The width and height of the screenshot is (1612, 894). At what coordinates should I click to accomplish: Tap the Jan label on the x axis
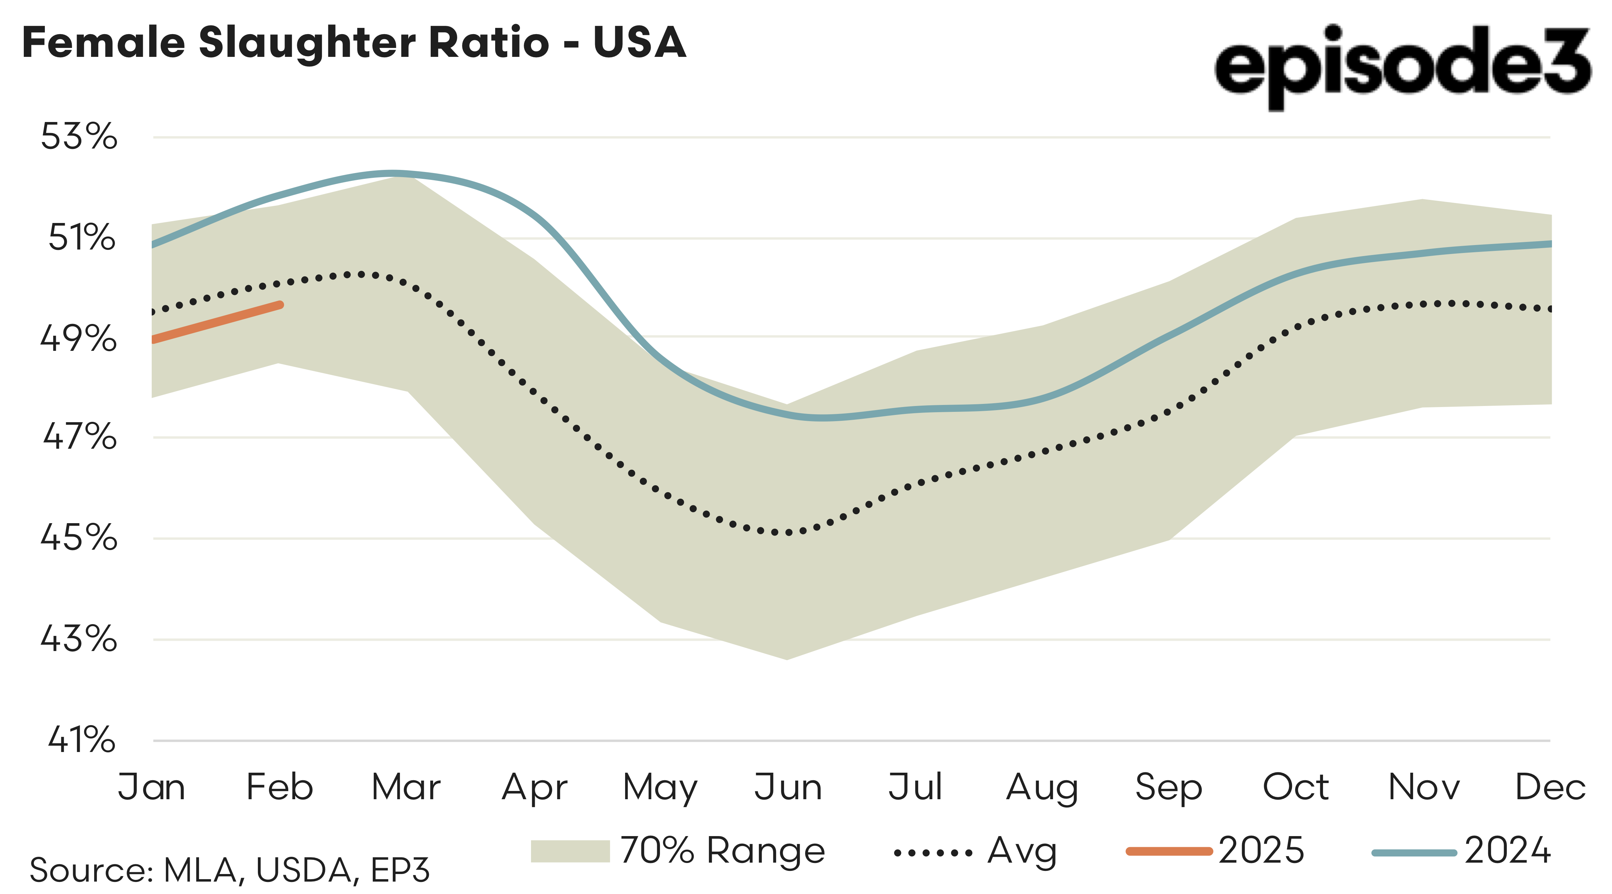[x=151, y=787]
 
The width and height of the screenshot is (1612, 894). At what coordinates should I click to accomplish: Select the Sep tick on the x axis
[x=1168, y=787]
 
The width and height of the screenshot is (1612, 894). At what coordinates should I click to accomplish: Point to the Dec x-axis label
[x=1550, y=787]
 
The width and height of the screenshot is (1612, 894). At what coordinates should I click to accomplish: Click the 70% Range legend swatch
[x=569, y=851]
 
